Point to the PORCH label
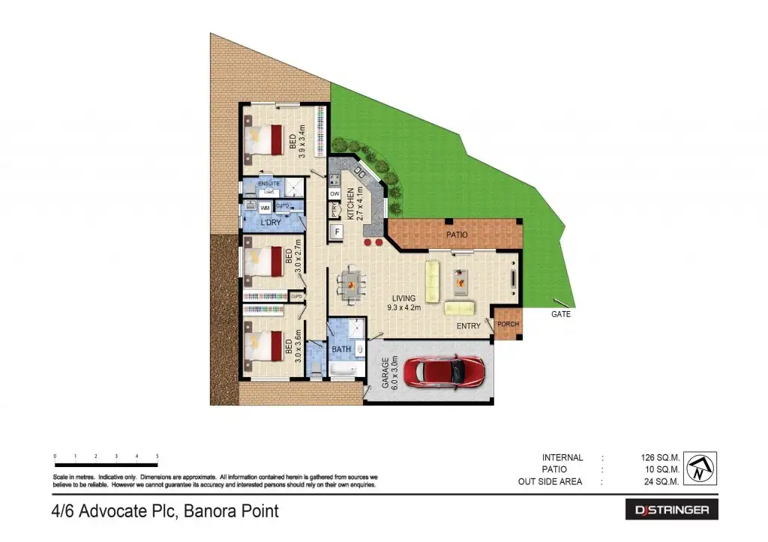pos(508,325)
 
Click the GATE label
pos(561,314)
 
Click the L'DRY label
pos(271,223)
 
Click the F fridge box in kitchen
pos(337,232)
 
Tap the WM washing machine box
pos(265,206)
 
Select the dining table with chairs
pos(351,284)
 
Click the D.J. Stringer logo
pos(672,510)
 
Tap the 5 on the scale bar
pos(157,456)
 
